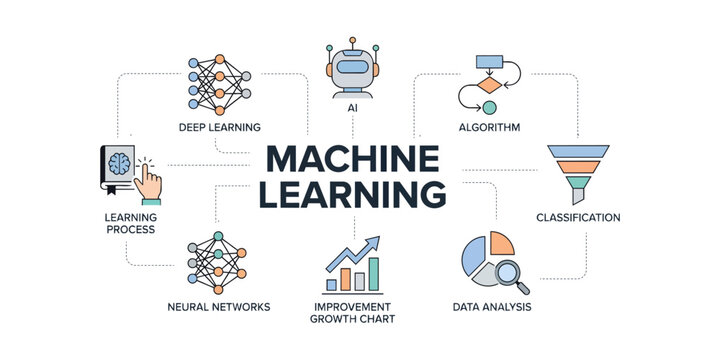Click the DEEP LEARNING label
220,127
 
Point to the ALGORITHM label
487,127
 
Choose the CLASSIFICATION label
578,217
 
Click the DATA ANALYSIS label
490,306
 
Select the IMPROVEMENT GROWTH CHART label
354,312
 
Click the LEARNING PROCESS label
130,223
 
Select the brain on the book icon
119,163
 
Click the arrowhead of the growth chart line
375,242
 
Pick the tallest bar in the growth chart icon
374,272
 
